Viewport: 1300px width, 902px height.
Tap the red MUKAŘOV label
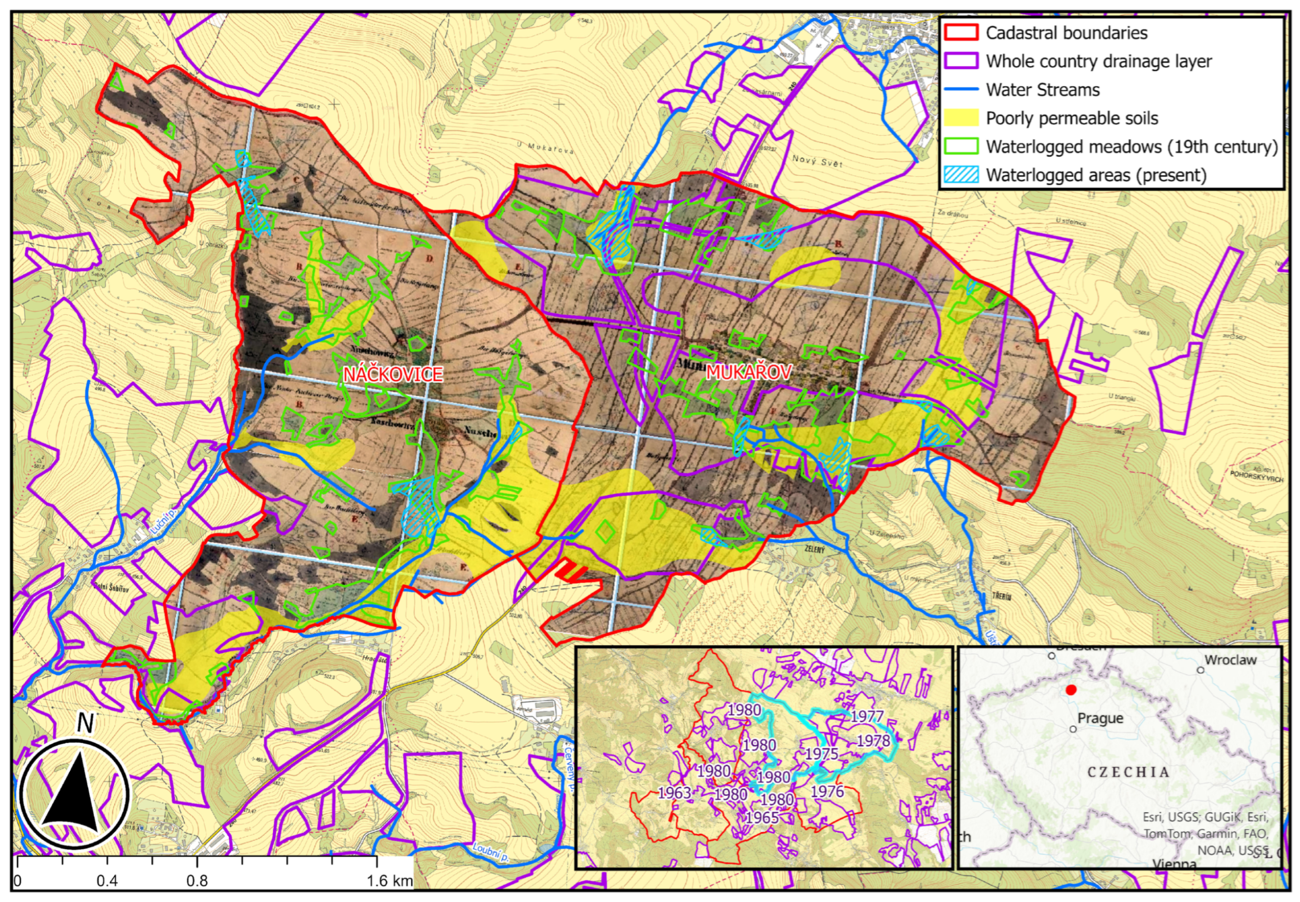(x=748, y=372)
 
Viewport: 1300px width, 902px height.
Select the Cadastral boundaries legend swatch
(x=961, y=32)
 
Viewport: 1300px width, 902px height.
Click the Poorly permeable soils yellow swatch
(x=961, y=118)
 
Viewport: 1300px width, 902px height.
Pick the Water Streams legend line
(x=961, y=89)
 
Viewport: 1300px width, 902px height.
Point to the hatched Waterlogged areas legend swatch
(x=961, y=175)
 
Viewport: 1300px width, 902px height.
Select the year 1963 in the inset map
(x=674, y=793)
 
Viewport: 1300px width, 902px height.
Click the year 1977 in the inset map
(x=867, y=717)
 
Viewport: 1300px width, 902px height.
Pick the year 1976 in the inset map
(x=827, y=791)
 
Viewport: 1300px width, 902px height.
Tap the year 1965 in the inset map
(x=762, y=817)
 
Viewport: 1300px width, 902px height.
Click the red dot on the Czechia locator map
(x=1070, y=690)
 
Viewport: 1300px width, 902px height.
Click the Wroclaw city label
(x=1231, y=660)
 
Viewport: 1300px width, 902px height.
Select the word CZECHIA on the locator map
(x=1128, y=772)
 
